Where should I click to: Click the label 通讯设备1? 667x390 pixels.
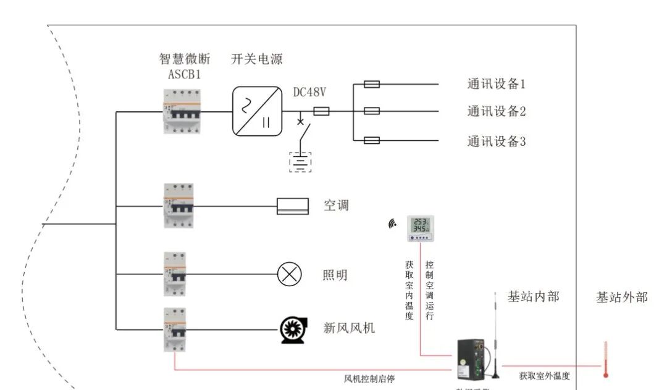pos(496,83)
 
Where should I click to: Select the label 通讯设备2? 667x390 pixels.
pos(496,112)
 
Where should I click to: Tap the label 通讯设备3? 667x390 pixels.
pos(496,142)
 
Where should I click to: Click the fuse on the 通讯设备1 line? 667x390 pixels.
pos(371,84)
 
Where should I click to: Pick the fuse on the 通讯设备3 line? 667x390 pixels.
pos(371,141)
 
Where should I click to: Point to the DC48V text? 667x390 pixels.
pos(309,93)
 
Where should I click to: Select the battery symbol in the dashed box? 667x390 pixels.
pos(300,161)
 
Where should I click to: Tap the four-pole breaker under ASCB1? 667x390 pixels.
pos(178,111)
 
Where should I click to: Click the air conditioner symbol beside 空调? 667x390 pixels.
pos(292,206)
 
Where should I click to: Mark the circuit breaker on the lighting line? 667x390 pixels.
pos(175,274)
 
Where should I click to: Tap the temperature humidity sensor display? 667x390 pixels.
pos(420,227)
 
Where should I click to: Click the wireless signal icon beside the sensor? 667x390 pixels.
pos(392,224)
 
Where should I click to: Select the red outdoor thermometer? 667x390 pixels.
pos(606,360)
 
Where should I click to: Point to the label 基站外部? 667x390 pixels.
pos(621,297)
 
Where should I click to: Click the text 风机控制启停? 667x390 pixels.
pos(369,378)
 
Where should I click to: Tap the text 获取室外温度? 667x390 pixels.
pos(544,376)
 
